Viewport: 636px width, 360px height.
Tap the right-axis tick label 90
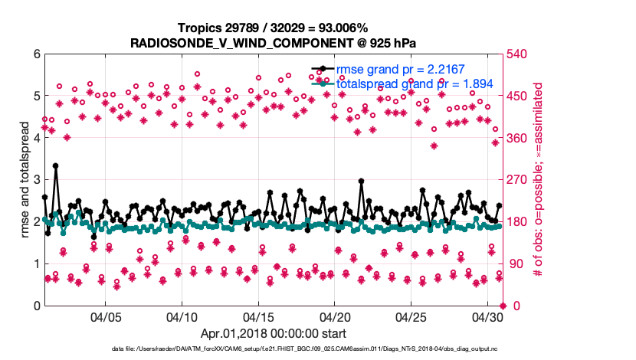pyautogui.click(x=515, y=264)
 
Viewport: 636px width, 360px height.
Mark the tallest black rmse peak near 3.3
pyautogui.click(x=56, y=165)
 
